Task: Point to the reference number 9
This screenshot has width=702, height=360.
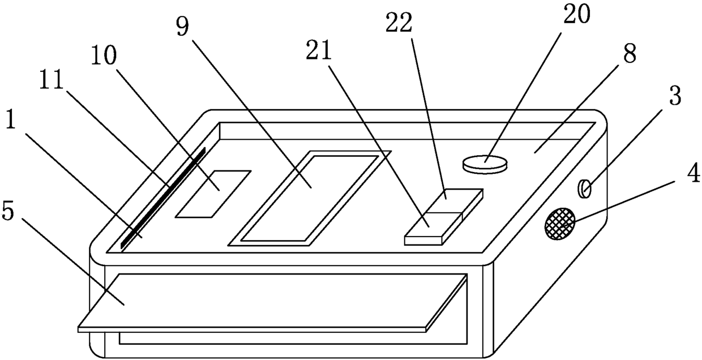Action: coord(182,27)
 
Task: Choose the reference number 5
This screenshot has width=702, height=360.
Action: coord(8,211)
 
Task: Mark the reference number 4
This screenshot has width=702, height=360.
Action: coord(692,174)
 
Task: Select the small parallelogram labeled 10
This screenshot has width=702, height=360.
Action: coord(213,193)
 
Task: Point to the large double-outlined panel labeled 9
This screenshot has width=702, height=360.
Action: coord(309,198)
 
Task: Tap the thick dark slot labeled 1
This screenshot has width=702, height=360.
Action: coord(162,200)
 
